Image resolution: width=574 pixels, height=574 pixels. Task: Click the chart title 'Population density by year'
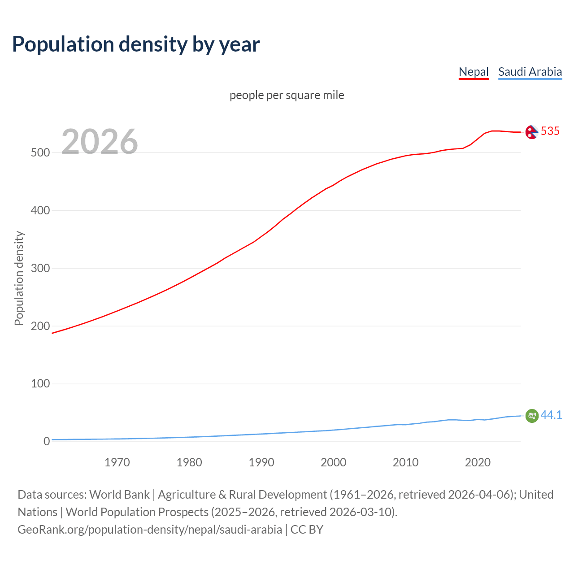point(136,44)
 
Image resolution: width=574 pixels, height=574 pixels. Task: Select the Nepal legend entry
point(474,72)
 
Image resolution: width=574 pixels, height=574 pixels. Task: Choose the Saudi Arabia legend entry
point(530,72)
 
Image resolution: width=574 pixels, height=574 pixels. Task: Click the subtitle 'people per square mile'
point(287,95)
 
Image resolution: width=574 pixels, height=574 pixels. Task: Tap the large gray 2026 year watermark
point(100,142)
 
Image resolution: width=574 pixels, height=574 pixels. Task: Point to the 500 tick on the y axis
point(40,152)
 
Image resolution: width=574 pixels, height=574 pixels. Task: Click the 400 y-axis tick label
point(40,210)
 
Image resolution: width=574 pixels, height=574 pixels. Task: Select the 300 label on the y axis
point(40,268)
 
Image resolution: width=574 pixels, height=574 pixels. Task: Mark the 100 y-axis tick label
point(40,384)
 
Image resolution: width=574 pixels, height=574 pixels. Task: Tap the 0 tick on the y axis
point(47,441)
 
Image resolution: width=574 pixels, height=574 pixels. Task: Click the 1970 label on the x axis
point(117,462)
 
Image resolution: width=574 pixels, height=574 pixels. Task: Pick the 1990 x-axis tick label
point(261,462)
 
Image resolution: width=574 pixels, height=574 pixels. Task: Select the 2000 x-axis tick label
point(333,462)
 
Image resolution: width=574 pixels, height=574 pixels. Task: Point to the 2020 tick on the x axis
point(478,462)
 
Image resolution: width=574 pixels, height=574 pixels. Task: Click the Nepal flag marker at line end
point(531,132)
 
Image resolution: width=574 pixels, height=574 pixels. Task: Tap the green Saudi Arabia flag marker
point(531,416)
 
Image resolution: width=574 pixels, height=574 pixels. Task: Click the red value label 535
point(550,131)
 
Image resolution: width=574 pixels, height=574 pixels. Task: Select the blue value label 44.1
point(551,415)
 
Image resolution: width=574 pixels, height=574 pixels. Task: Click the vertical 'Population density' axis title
point(19,278)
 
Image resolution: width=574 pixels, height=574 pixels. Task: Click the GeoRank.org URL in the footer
point(150,530)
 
